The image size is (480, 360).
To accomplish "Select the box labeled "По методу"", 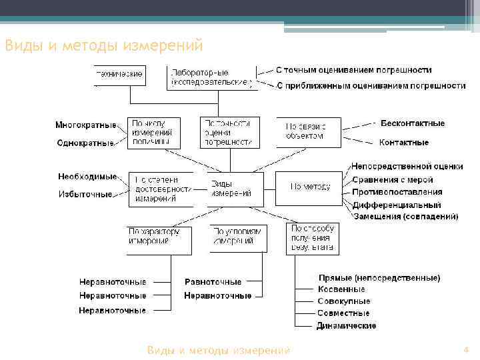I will pyautogui.click(x=309, y=187).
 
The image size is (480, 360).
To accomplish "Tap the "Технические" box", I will pyautogui.click(x=119, y=75).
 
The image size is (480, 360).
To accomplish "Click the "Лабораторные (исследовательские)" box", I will pyautogui.click(x=211, y=77).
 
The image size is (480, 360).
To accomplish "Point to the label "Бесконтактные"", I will pyautogui.click(x=412, y=123).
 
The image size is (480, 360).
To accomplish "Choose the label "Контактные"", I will pyautogui.click(x=403, y=143).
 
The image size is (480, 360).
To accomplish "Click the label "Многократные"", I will pyautogui.click(x=85, y=125).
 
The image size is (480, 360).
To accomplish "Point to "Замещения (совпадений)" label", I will pyautogui.click(x=405, y=217).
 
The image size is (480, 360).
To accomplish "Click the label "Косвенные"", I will pyautogui.click(x=341, y=289).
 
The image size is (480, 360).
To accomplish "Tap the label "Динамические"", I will pyautogui.click(x=347, y=326).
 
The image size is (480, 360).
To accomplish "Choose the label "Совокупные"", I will pyautogui.click(x=344, y=301).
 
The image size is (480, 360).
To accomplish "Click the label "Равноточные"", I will pyautogui.click(x=213, y=282).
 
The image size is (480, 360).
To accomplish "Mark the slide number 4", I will pyautogui.click(x=467, y=350).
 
